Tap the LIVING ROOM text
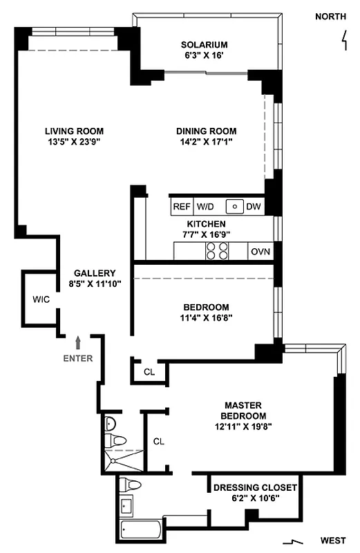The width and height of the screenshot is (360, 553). coord(75,131)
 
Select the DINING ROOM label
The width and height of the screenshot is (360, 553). coord(206,131)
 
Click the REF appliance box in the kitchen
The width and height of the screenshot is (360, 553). coord(181,206)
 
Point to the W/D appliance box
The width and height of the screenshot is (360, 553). coord(205,206)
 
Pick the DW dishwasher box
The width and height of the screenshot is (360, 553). coord(254,206)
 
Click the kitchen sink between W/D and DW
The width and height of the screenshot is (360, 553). coord(235,206)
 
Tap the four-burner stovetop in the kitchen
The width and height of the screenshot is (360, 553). coord(217,252)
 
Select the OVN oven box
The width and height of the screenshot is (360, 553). coord(260,252)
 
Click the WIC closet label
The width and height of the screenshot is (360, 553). coord(40,300)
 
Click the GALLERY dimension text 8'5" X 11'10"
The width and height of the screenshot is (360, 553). coord(91,283)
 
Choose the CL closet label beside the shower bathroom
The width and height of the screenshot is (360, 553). coord(158,441)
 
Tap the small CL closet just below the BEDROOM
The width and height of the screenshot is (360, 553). coord(149,371)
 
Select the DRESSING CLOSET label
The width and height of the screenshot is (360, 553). coord(255,488)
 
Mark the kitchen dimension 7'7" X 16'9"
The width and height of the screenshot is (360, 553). coord(206,234)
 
